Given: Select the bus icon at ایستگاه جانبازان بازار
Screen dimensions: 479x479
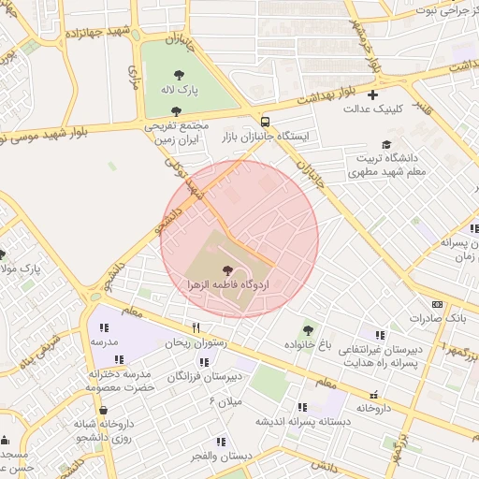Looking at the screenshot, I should [266, 122].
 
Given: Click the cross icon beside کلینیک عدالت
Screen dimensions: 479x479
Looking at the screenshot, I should [373, 94].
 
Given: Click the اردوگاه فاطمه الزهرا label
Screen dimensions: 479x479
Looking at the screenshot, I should [229, 283].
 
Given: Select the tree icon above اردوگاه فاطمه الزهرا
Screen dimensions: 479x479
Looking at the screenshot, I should [229, 269].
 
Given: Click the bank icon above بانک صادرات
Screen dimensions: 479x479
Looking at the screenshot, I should [437, 304].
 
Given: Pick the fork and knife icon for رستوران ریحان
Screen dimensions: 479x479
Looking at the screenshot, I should [196, 328].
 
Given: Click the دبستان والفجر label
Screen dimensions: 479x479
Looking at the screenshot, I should [222, 456].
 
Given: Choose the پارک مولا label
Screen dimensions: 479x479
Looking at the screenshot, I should [21, 269].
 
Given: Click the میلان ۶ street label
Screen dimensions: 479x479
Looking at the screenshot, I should [225, 400].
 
